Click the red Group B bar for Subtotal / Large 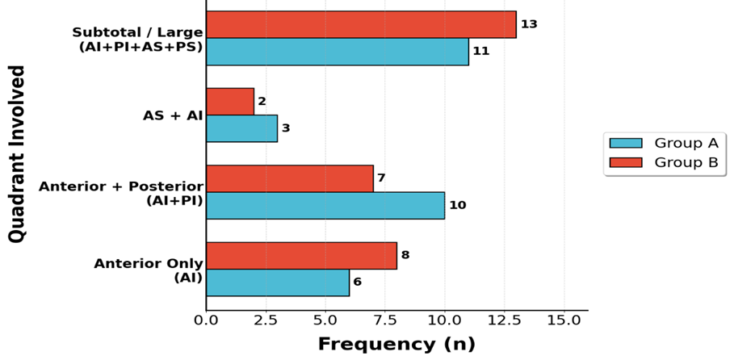pyautogui.click(x=361, y=25)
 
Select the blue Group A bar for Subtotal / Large pyautogui.click(x=338, y=52)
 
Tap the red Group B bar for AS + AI pyautogui.click(x=230, y=102)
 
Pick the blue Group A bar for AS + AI pyautogui.click(x=242, y=128)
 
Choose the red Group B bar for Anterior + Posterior pyautogui.click(x=290, y=178)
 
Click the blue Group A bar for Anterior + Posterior pyautogui.click(x=325, y=206)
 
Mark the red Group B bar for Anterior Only pyautogui.click(x=302, y=255)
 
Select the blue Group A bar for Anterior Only pyautogui.click(x=278, y=283)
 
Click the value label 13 pyautogui.click(x=529, y=24)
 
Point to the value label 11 pyautogui.click(x=481, y=51)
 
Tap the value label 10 pyautogui.click(x=457, y=205)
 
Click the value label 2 pyautogui.click(x=262, y=101)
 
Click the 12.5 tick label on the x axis pyautogui.click(x=505, y=320)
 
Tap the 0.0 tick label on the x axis pyautogui.click(x=206, y=320)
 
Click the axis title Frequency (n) pyautogui.click(x=396, y=344)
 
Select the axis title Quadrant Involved pyautogui.click(x=17, y=154)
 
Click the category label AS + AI pyautogui.click(x=173, y=115)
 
